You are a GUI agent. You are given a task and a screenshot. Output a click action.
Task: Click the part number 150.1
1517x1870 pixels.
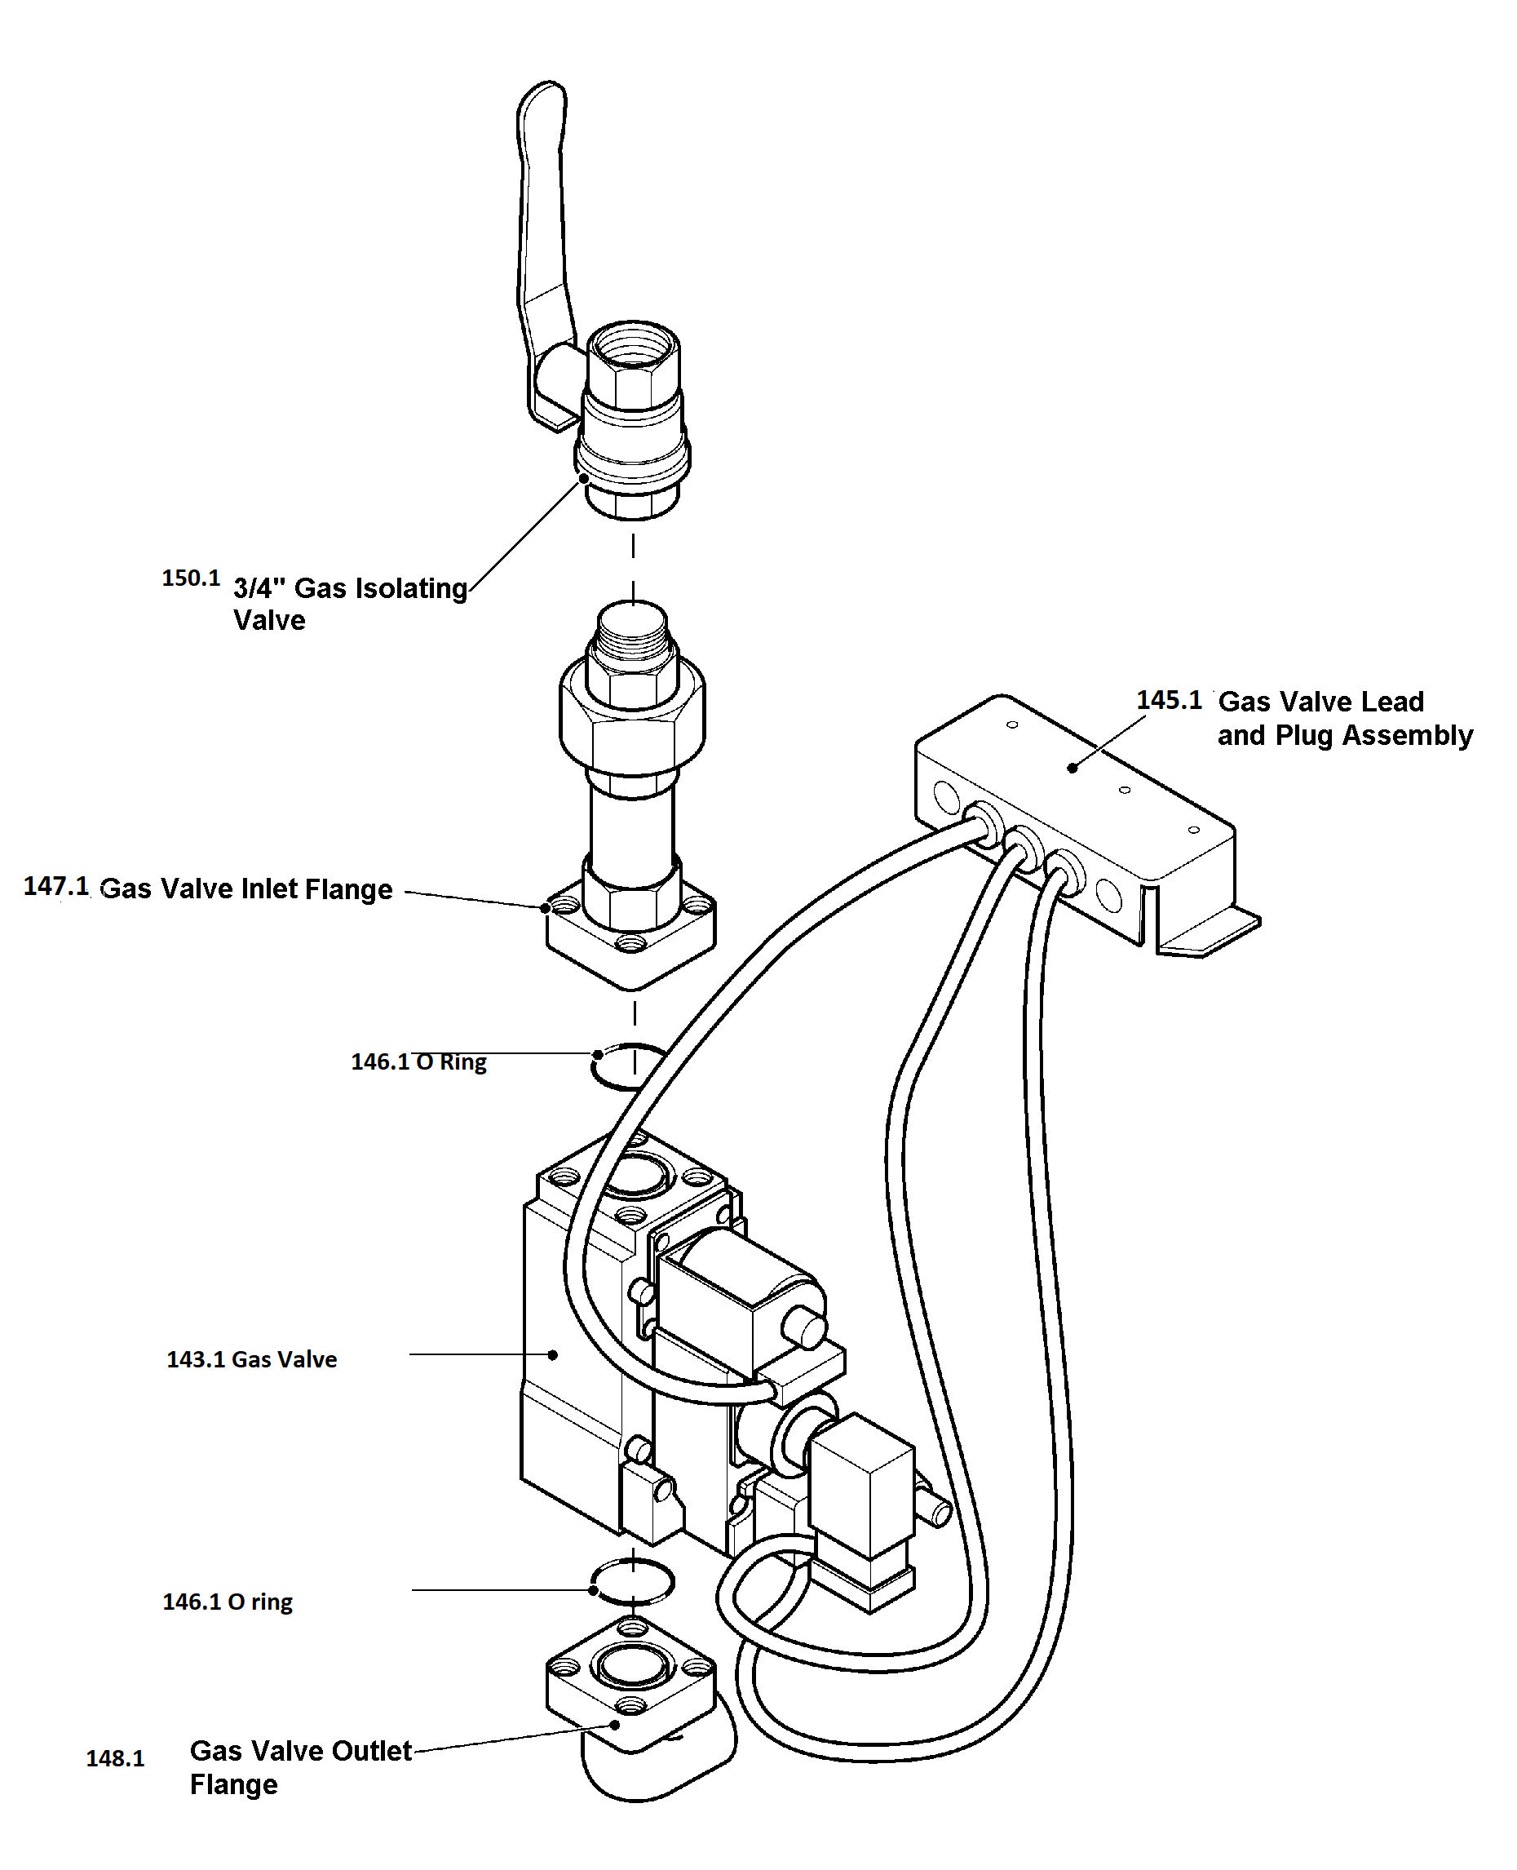(x=191, y=578)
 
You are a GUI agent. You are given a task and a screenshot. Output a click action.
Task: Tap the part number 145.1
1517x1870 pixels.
(x=1168, y=700)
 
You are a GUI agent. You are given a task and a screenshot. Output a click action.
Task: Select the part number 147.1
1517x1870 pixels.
(x=56, y=887)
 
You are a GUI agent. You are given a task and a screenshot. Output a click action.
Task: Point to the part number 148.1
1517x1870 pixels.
(x=114, y=1758)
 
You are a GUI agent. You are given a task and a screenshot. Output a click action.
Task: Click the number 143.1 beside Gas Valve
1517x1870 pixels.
(x=196, y=1359)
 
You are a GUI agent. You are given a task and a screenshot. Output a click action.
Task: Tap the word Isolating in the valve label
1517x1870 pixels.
(x=409, y=588)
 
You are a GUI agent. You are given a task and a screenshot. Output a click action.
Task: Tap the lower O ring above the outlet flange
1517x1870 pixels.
(x=632, y=1581)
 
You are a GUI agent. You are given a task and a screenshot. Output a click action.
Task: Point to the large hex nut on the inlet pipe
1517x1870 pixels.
(x=632, y=720)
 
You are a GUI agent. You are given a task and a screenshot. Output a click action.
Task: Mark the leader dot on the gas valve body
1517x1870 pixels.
(x=553, y=1355)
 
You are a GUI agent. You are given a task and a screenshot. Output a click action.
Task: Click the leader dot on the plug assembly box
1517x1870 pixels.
(x=1073, y=768)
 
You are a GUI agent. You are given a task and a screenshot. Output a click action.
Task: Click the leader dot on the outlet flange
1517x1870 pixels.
(x=616, y=1724)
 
